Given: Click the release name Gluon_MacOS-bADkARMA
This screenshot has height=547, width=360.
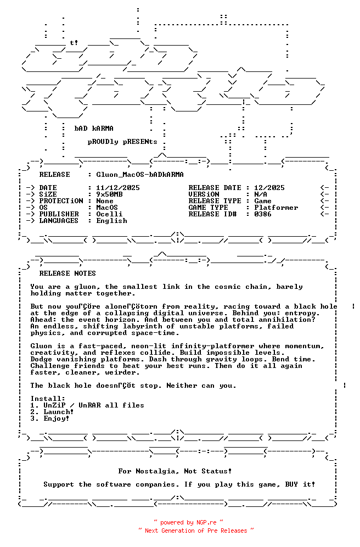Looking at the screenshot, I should pos(140,175).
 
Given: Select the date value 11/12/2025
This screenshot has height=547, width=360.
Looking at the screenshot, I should pos(118,188).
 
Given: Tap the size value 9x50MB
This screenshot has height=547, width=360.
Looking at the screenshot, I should pos(109,194).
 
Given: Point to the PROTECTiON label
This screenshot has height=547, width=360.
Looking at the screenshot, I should pos(61,201).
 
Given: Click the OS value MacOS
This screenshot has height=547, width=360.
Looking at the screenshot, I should pos(107,208).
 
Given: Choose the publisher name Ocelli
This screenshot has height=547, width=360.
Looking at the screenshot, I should pos(109,214).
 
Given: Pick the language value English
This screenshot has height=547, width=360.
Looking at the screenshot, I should pos(111,221).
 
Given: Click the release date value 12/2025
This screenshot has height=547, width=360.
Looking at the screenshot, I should pos(269,188).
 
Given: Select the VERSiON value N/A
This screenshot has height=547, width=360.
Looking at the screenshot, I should pos(261,194).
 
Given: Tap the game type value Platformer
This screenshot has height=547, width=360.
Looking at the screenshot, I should pos(276,208).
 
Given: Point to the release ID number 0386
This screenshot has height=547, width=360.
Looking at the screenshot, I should pos(263,214).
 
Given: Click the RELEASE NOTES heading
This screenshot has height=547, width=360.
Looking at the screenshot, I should pos(67,273).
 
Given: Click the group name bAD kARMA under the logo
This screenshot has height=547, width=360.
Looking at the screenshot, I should pos(94,129).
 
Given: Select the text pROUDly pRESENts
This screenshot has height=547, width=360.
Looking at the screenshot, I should pos(122,142).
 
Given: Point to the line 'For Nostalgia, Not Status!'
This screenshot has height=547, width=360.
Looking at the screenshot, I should pos(175,471).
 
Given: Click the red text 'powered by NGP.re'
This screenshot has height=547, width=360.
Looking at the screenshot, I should pos(188,523).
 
